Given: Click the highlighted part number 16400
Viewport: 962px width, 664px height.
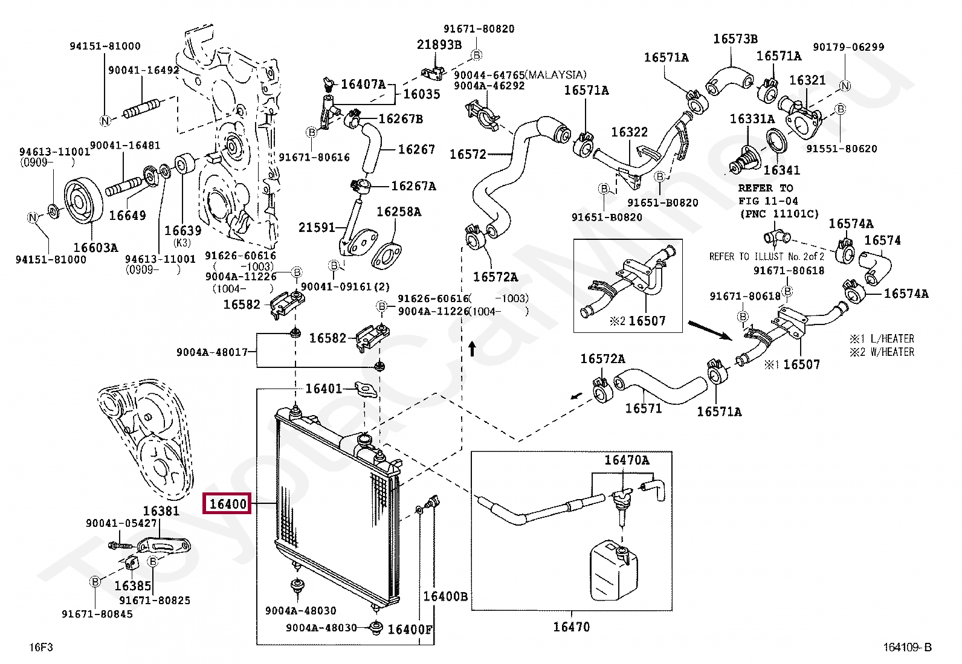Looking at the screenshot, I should (x=227, y=503).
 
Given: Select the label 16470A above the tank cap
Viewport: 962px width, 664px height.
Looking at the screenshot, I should (x=627, y=460).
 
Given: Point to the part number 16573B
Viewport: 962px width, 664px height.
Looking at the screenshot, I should (x=735, y=39).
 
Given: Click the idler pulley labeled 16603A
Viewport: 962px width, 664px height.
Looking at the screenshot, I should (x=83, y=201).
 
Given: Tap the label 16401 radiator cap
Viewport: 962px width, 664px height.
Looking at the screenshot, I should (x=323, y=388).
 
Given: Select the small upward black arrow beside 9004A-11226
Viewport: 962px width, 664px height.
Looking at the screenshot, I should (x=473, y=349).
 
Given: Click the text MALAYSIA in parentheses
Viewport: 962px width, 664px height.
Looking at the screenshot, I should (x=555, y=75).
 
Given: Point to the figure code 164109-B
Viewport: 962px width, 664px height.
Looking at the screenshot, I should (x=907, y=647).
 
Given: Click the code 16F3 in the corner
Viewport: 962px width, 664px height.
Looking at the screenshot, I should (x=41, y=647).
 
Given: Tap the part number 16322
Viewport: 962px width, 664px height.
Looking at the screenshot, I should (x=629, y=132).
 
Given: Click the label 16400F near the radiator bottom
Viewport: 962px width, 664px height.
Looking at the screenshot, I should (x=410, y=630).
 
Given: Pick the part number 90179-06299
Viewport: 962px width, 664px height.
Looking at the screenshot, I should (x=848, y=47).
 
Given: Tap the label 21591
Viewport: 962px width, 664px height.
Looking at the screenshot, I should (x=317, y=227).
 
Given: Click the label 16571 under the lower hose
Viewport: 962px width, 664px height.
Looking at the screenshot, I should (x=643, y=408).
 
